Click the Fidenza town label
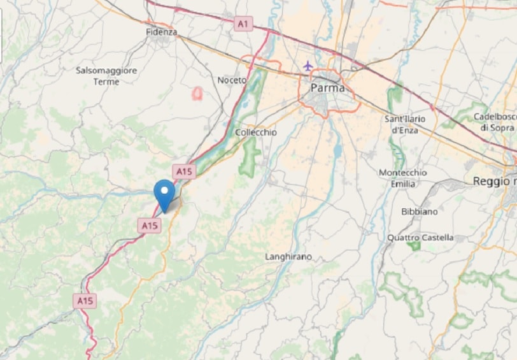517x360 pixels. pyautogui.click(x=161, y=31)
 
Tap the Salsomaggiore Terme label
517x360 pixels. pyautogui.click(x=106, y=76)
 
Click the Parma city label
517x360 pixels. pyautogui.click(x=327, y=88)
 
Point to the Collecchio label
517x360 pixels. pyautogui.click(x=256, y=132)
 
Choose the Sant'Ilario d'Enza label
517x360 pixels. pyautogui.click(x=405, y=124)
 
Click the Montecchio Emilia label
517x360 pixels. pyautogui.click(x=402, y=178)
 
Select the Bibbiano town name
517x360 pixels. pyautogui.click(x=420, y=211)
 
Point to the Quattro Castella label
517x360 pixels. pyautogui.click(x=421, y=238)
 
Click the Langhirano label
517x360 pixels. pyautogui.click(x=288, y=256)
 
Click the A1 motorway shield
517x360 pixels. pyautogui.click(x=243, y=24)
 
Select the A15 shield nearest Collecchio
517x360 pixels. pyautogui.click(x=183, y=171)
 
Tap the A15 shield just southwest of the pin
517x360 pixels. pyautogui.click(x=150, y=225)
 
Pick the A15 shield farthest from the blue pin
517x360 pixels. pyautogui.click(x=85, y=300)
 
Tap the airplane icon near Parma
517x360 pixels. pyautogui.click(x=308, y=66)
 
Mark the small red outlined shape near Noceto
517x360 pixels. pyautogui.click(x=198, y=94)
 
